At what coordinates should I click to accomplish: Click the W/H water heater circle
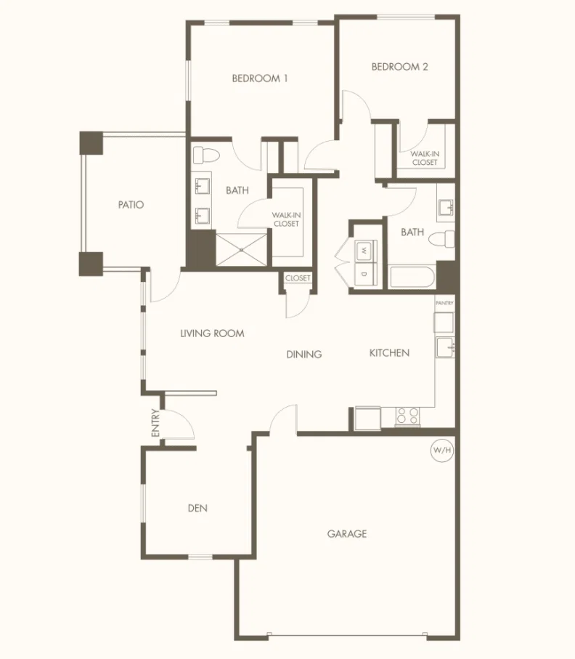(442, 450)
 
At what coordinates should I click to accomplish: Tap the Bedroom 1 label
(260, 78)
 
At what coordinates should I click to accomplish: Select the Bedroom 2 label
(399, 67)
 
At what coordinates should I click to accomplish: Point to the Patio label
(131, 205)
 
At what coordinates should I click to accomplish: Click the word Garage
(347, 534)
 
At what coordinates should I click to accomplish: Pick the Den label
(197, 508)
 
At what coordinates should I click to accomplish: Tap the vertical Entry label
(155, 423)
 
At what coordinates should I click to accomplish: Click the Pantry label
(444, 303)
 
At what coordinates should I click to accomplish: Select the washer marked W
(364, 251)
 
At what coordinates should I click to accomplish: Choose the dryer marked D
(364, 275)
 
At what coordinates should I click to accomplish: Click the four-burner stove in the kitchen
(407, 416)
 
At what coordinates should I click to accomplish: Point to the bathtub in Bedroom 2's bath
(411, 277)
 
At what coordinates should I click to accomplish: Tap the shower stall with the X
(242, 250)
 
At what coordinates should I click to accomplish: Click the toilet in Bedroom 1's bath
(205, 155)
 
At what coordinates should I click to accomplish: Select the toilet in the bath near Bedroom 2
(441, 239)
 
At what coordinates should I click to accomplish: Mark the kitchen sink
(445, 347)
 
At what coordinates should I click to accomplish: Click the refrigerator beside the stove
(368, 419)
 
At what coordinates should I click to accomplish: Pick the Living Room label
(213, 333)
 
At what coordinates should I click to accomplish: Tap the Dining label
(304, 355)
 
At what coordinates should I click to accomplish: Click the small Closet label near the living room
(298, 278)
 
